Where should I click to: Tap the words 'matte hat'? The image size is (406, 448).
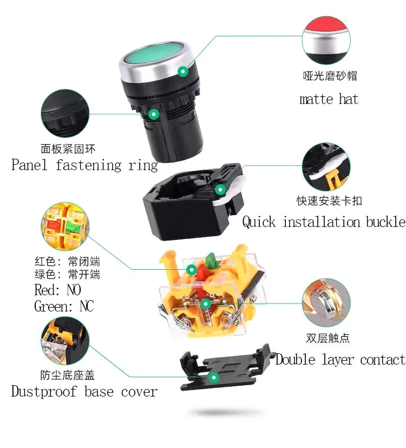329,99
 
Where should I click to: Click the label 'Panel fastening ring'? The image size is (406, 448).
84,165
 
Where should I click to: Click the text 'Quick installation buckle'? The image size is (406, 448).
323,222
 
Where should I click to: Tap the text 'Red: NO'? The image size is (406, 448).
58,290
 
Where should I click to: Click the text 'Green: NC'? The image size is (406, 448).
64,307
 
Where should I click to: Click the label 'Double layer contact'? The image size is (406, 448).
340,359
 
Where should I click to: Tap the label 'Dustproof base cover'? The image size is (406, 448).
84,391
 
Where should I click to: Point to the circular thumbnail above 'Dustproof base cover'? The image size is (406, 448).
66,343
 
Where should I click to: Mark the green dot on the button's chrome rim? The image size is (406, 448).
184,70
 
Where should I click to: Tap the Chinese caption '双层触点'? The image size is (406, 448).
328,339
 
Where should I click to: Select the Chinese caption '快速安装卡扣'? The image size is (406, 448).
329,201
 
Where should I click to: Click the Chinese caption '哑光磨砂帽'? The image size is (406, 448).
330,76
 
